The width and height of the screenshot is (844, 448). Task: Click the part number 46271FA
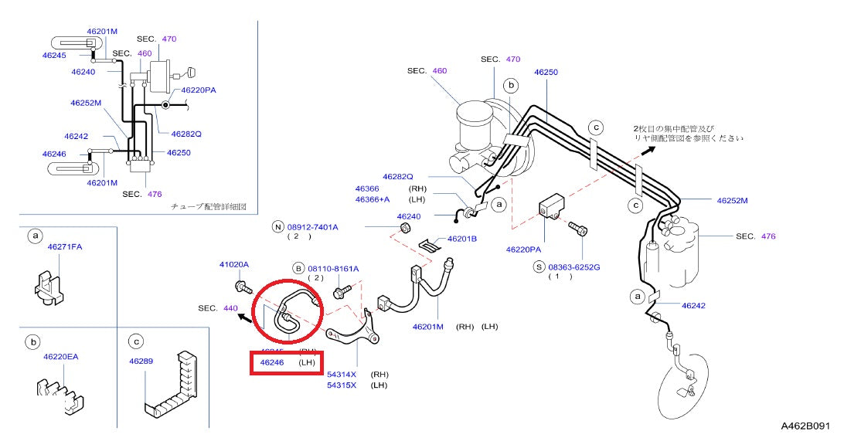(64, 246)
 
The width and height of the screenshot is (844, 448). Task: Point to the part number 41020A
(234, 264)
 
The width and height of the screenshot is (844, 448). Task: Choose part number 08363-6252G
(573, 266)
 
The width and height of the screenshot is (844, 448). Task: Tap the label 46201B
(461, 239)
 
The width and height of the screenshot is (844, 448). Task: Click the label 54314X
(341, 373)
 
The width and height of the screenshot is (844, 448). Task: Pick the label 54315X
(341, 385)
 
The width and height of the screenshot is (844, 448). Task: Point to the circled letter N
(277, 227)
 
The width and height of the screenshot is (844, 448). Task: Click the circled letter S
(539, 266)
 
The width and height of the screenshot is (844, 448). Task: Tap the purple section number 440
(230, 307)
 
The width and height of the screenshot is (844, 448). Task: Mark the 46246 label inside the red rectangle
(272, 361)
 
